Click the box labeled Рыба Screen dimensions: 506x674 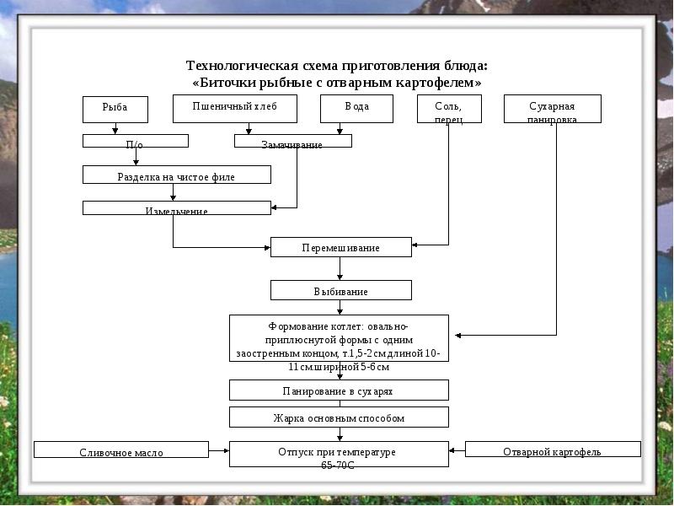[x=115, y=109]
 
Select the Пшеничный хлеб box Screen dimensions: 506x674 [x=235, y=109]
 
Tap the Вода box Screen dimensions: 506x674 [x=357, y=109]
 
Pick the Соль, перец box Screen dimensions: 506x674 [x=450, y=109]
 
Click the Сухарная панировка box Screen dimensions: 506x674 [x=552, y=109]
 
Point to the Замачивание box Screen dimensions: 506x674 [x=292, y=142]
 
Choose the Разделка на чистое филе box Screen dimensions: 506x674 [x=176, y=175]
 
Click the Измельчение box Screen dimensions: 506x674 [x=176, y=207]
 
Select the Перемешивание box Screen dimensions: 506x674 [x=340, y=247]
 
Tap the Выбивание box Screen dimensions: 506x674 [x=340, y=291]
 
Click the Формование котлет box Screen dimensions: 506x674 [x=339, y=338]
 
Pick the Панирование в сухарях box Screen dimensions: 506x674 [x=339, y=390]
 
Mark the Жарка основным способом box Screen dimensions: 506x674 [x=339, y=417]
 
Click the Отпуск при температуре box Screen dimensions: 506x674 [x=339, y=454]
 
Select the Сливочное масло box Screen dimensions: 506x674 [x=121, y=450]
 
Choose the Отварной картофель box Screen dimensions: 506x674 [x=552, y=449]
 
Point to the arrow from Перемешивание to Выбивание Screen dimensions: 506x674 [x=340, y=269]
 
